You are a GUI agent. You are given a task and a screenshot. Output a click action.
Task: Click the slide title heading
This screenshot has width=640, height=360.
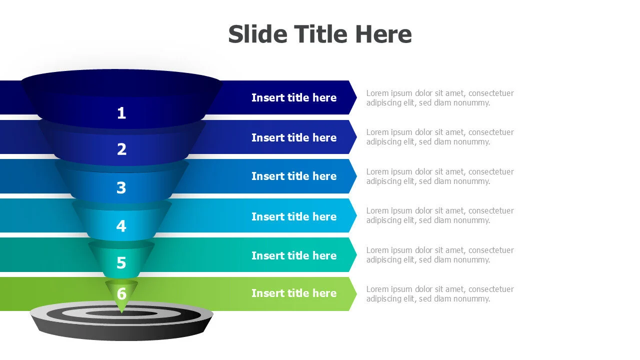click(x=319, y=34)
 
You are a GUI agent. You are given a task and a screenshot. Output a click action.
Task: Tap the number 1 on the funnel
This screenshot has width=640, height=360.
click(x=121, y=113)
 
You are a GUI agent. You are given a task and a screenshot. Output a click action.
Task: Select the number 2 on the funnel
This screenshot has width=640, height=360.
click(x=121, y=149)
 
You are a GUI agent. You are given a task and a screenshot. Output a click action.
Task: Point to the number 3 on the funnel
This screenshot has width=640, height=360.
click(x=121, y=188)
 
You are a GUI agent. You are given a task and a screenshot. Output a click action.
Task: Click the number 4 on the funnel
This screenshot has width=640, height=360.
click(x=121, y=226)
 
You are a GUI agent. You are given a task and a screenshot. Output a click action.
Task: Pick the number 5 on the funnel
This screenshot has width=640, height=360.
click(x=121, y=263)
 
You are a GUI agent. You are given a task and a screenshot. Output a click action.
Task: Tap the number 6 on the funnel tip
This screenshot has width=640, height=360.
click(x=121, y=293)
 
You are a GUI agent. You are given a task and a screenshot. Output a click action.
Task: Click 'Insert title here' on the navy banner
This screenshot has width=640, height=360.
click(x=294, y=97)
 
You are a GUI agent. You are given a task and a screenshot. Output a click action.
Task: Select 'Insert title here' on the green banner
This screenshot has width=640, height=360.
click(x=294, y=293)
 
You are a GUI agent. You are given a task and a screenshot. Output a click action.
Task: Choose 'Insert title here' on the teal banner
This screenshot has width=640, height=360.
click(x=294, y=255)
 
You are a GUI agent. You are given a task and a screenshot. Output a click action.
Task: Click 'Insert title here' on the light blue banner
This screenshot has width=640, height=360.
click(x=294, y=216)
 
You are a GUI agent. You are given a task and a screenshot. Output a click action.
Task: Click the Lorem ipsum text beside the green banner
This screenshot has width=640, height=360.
click(x=440, y=294)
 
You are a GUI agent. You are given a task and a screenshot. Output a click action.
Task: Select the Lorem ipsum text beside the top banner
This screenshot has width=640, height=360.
click(x=440, y=98)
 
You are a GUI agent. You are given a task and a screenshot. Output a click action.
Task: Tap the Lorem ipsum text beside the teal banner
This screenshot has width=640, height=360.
click(x=440, y=255)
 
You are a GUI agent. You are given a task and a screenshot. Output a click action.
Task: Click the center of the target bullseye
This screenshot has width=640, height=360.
click(x=121, y=313)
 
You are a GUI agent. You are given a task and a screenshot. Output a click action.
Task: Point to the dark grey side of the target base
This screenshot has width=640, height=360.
click(x=121, y=332)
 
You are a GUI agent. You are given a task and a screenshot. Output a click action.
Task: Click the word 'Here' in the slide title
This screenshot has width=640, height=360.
click(x=383, y=34)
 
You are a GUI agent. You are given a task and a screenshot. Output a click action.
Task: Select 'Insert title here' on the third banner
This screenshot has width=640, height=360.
click(x=294, y=176)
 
